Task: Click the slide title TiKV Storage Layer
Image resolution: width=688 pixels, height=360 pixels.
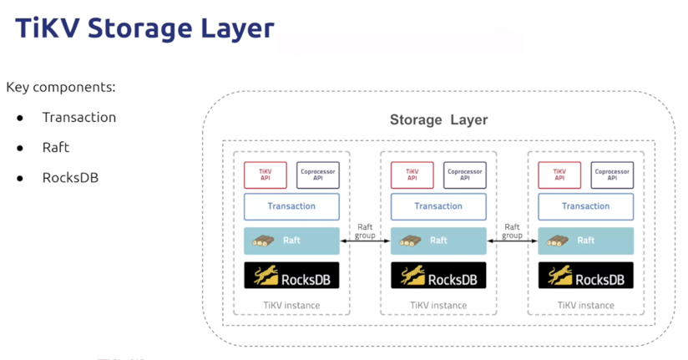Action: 145,29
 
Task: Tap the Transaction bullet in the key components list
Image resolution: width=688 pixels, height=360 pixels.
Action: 79,117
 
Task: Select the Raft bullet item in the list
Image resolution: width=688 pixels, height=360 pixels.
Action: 56,147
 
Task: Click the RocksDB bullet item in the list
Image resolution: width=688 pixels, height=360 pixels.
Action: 70,177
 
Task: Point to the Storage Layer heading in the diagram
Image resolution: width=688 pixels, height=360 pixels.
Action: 438,119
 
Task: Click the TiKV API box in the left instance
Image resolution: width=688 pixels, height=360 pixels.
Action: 266,175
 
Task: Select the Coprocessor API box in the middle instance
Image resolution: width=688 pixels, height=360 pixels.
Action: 465,175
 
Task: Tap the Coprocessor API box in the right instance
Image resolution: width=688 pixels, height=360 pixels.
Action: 612,175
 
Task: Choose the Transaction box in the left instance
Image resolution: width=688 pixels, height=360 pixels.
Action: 291,206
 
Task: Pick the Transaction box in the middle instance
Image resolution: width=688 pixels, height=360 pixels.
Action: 438,206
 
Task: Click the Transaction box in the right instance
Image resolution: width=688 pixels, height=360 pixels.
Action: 585,206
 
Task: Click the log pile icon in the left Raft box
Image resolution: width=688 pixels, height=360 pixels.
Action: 264,241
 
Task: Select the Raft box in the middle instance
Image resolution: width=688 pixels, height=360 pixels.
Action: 438,241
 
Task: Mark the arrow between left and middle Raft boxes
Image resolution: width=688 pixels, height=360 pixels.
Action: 365,241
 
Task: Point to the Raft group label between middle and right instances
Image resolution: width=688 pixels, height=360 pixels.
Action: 512,231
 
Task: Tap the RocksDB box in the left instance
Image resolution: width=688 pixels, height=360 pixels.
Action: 291,276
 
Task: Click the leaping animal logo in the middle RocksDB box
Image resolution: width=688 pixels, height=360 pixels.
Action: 412,276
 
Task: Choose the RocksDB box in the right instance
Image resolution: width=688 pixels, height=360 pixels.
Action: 585,276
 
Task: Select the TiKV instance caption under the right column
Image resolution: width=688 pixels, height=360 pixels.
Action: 585,305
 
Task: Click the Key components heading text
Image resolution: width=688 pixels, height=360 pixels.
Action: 61,87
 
